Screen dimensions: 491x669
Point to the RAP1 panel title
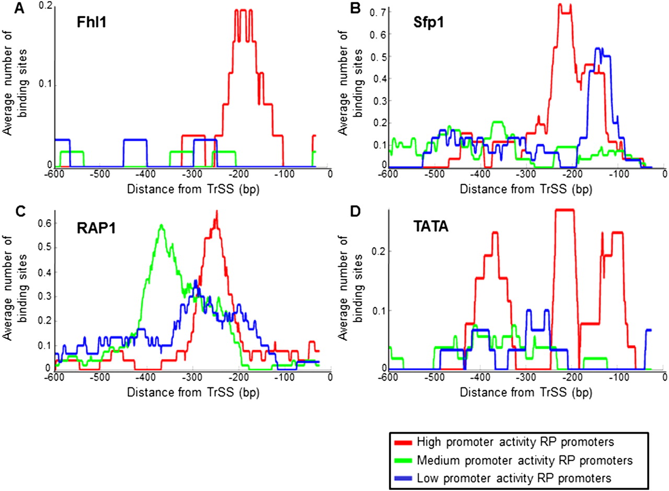pos(89,228)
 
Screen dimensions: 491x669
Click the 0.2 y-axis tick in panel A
pos(45,6)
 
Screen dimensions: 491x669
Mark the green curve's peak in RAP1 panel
pos(162,225)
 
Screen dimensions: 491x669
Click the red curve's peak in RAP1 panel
pos(216,212)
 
